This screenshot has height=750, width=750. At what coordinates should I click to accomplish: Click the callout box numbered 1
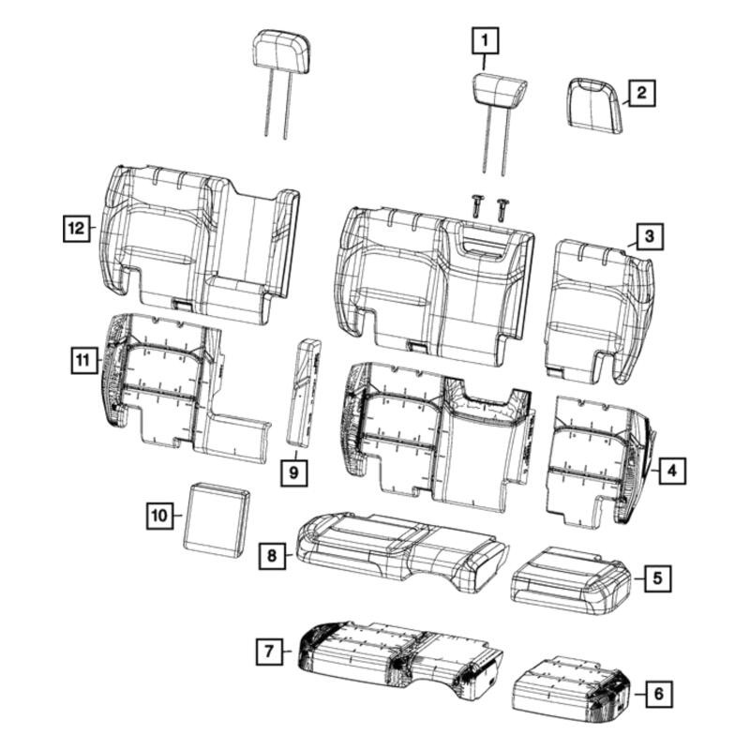point(486,41)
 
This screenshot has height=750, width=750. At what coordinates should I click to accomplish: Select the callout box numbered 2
point(641,93)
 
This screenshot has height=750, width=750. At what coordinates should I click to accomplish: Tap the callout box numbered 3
point(650,236)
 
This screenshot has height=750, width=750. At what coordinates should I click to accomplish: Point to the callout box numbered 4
point(672,471)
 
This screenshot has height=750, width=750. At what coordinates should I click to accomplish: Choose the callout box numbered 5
point(658,578)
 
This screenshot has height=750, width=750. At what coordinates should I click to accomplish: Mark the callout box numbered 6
point(659,694)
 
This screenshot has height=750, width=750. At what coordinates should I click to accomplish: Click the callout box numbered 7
point(269,652)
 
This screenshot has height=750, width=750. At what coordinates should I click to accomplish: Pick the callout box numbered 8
point(272,556)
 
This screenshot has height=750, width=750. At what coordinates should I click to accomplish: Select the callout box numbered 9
point(293,472)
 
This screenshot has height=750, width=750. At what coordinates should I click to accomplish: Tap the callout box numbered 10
point(159,515)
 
